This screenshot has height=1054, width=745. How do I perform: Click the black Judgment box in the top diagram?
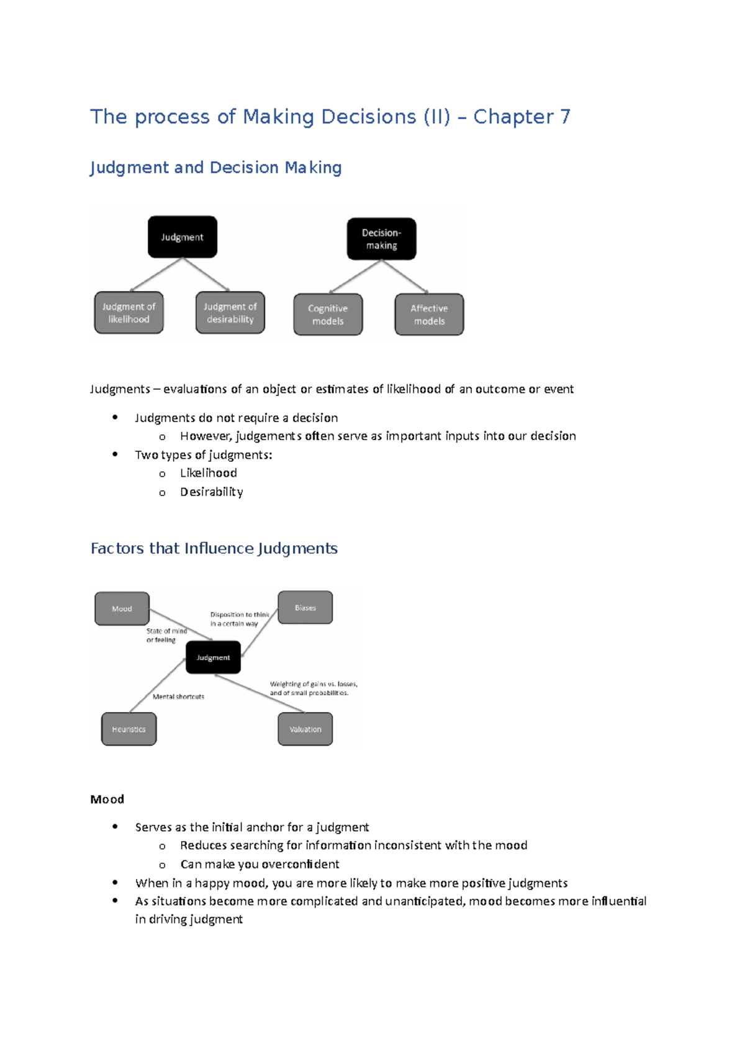click(182, 237)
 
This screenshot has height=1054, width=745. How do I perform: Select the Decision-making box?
click(381, 239)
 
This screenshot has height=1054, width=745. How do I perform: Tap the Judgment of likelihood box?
click(129, 313)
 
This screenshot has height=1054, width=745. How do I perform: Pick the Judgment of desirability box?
click(230, 313)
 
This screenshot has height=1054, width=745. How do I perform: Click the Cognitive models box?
click(328, 315)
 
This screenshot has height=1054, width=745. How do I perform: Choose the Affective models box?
click(429, 315)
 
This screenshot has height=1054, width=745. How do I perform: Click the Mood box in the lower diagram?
click(122, 608)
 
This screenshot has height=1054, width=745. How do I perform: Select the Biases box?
click(305, 608)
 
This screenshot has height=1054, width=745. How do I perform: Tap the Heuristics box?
click(129, 729)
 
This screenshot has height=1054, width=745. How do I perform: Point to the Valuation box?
click(305, 729)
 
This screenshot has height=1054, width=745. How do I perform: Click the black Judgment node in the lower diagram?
click(213, 657)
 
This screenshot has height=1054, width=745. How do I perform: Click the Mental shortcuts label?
click(178, 696)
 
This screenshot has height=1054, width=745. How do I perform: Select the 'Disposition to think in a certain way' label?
click(239, 619)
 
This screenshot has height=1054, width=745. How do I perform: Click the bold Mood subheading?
click(107, 799)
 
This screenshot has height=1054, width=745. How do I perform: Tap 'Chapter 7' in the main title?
click(521, 117)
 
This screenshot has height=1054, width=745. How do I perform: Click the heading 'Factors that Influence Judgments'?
click(214, 548)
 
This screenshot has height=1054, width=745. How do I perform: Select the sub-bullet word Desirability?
click(211, 492)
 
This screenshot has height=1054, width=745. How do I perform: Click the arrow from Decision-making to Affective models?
click(405, 276)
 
